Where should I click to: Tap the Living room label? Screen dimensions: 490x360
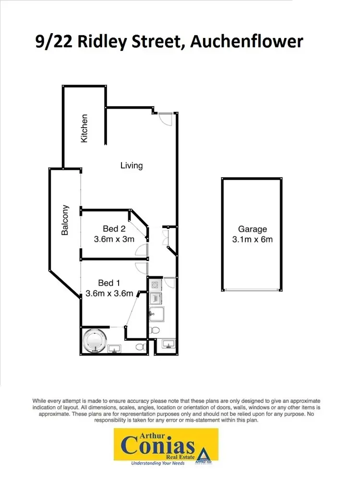(x=132, y=166)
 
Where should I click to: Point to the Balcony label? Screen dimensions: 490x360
(x=65, y=220)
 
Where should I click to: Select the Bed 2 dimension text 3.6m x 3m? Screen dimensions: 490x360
(x=114, y=239)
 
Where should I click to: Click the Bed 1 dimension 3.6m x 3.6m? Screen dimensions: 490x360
(x=109, y=293)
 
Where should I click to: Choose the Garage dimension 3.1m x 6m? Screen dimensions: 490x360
(x=252, y=239)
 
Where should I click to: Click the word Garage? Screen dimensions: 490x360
(x=252, y=229)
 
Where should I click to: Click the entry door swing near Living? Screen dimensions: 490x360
(x=164, y=118)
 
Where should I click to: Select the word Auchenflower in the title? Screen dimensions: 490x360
(x=247, y=42)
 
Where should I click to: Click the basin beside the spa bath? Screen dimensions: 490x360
(x=115, y=348)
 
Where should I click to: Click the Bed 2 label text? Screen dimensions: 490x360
(x=114, y=229)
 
